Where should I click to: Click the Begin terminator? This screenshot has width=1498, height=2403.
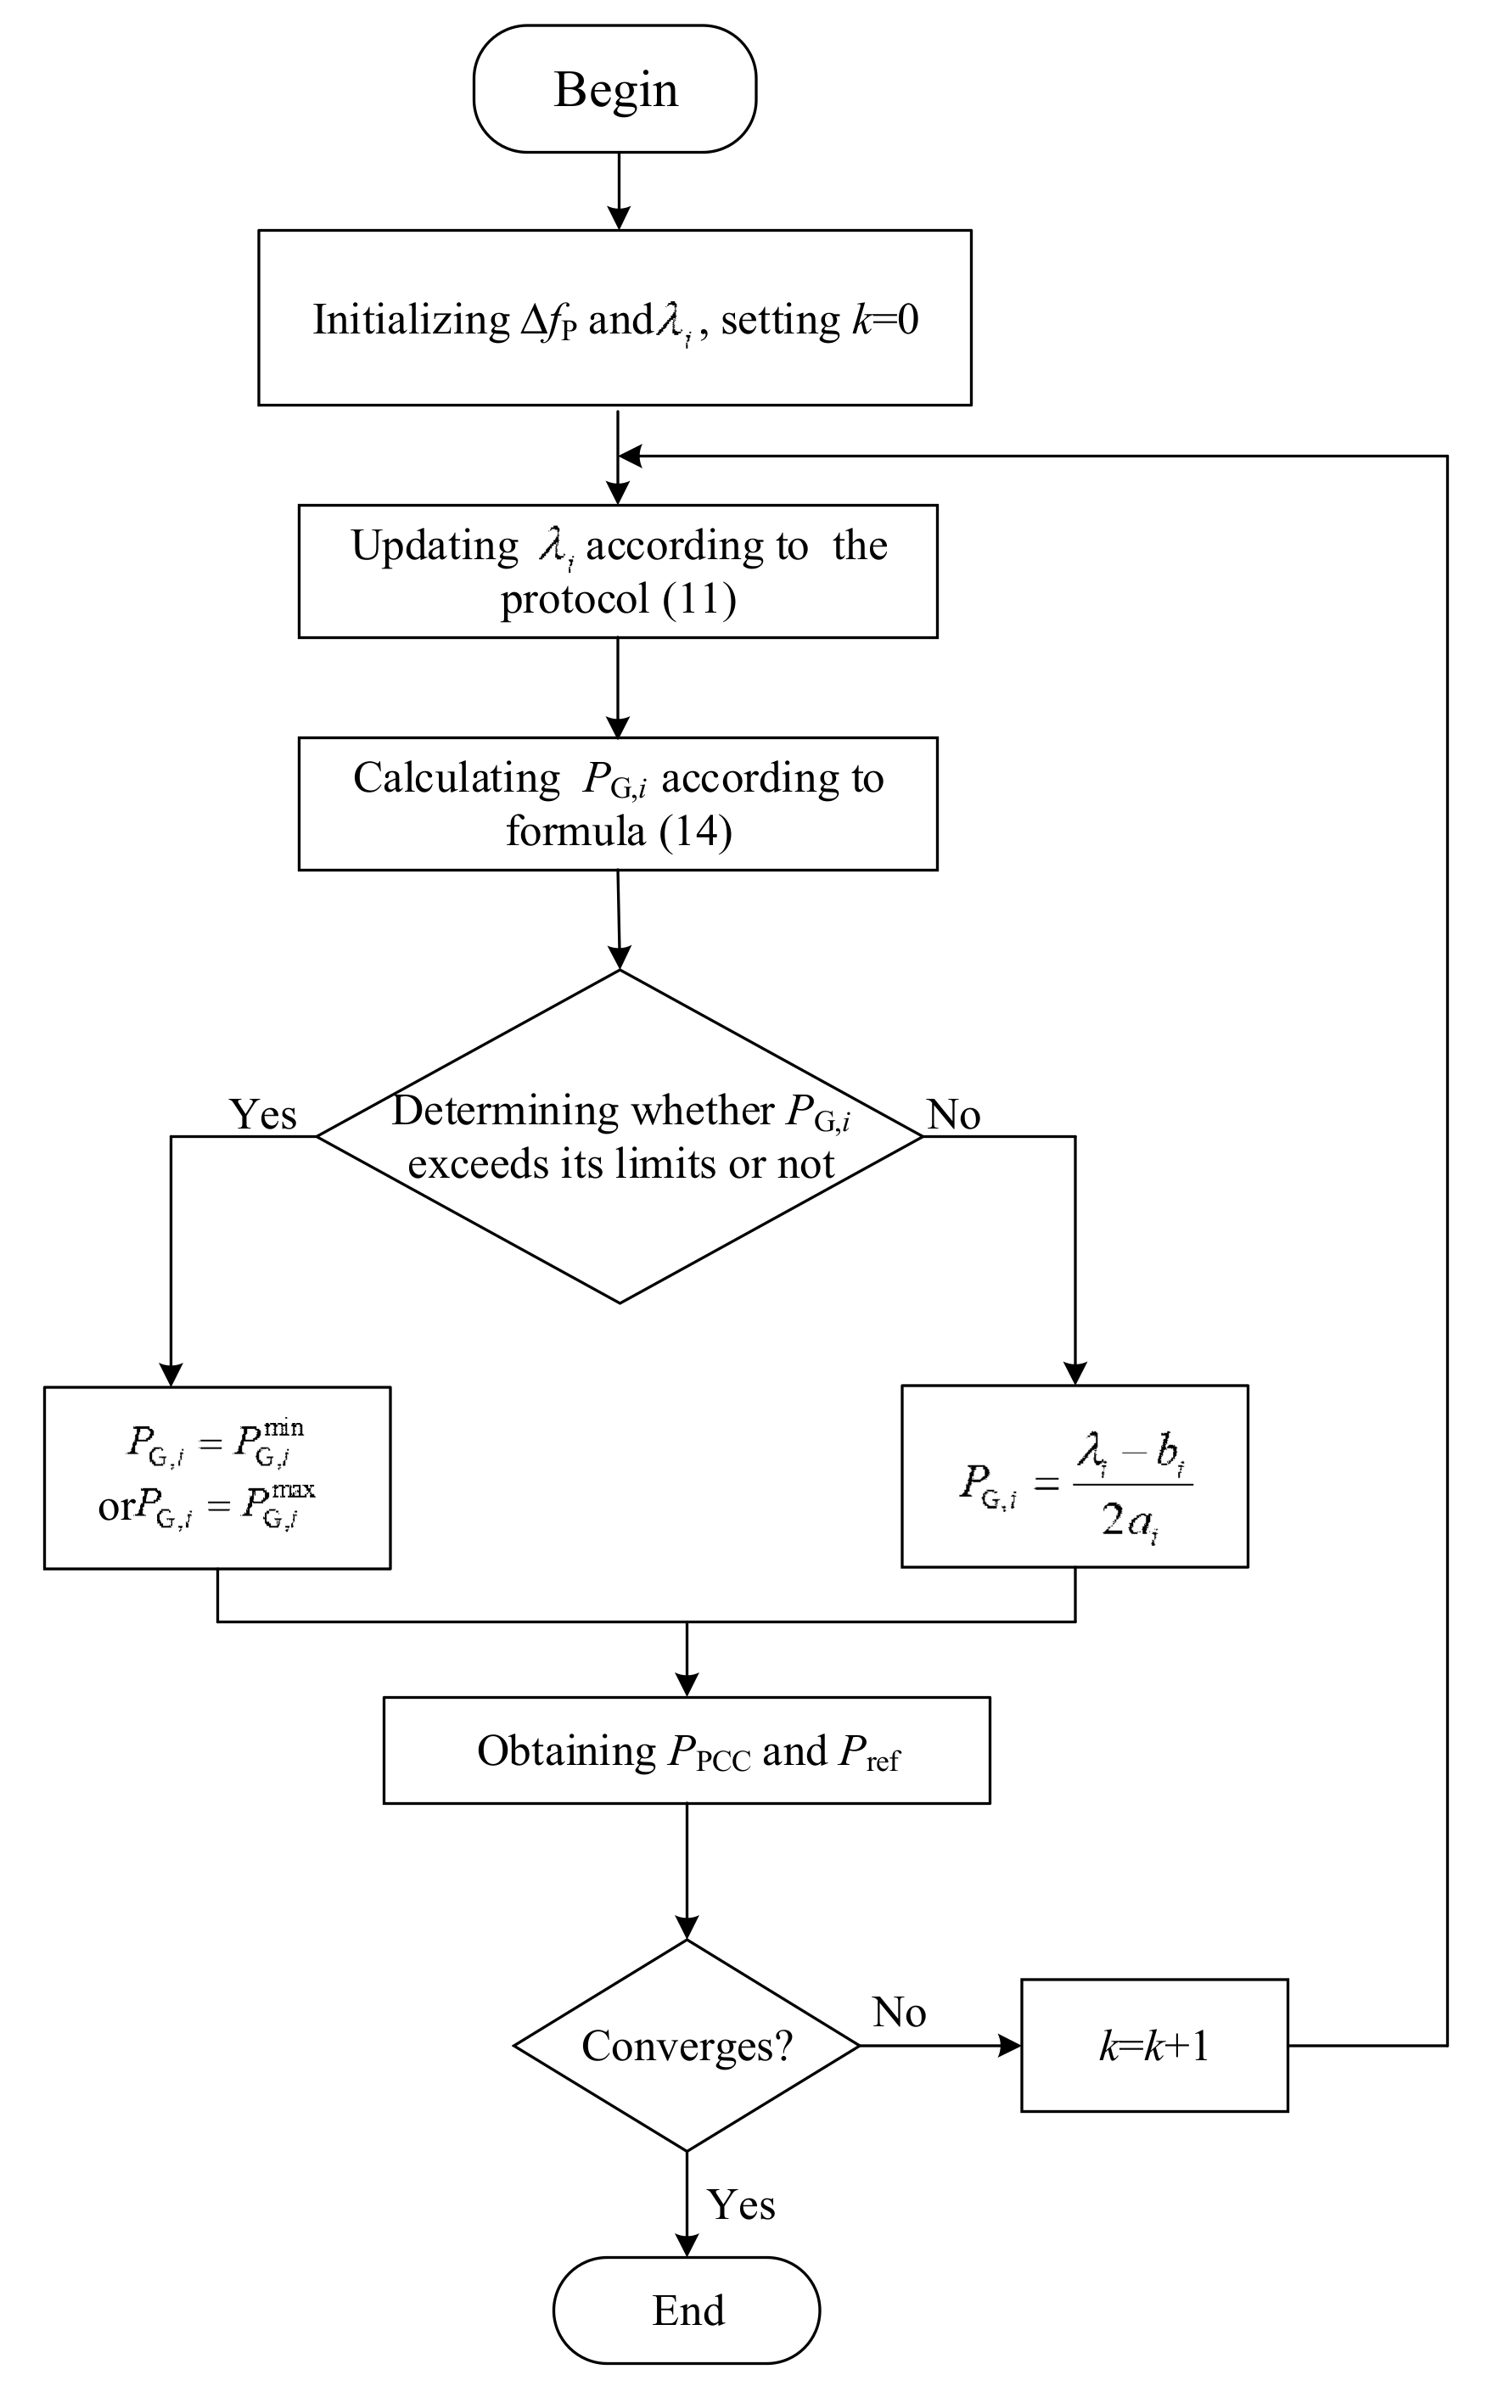pos(614,89)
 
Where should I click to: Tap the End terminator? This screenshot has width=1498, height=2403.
pos(687,2310)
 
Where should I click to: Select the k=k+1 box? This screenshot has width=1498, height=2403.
pos(1154,2046)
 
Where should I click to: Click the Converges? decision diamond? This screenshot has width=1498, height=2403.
pos(687,2046)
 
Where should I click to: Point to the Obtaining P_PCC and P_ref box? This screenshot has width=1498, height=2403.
pos(687,1750)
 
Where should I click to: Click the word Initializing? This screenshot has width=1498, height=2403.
pos(411,320)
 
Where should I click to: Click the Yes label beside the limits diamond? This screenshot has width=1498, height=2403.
pos(262,1114)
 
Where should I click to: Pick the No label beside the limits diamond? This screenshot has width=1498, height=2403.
pos(953,1114)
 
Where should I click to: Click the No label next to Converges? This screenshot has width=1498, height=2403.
pos(899,2012)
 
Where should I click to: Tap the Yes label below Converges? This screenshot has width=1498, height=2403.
pos(741,2204)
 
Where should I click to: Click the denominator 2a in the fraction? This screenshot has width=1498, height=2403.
pos(1130,1520)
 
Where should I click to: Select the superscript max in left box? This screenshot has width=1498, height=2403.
pos(294,1490)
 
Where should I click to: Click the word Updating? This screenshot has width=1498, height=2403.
pos(434,546)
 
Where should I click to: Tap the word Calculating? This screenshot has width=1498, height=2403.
pos(457,777)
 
